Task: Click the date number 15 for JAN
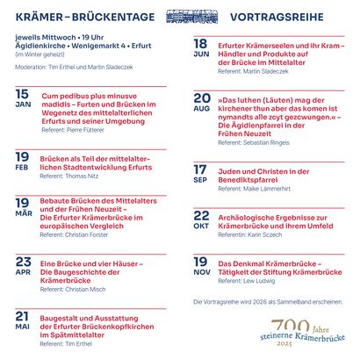(x=22, y=93)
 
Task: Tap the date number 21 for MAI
(x=23, y=315)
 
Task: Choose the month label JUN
(x=201, y=54)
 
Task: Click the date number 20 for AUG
(x=202, y=97)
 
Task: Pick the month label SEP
(x=200, y=181)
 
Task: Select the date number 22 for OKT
(x=201, y=215)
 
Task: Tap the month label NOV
(x=201, y=273)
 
